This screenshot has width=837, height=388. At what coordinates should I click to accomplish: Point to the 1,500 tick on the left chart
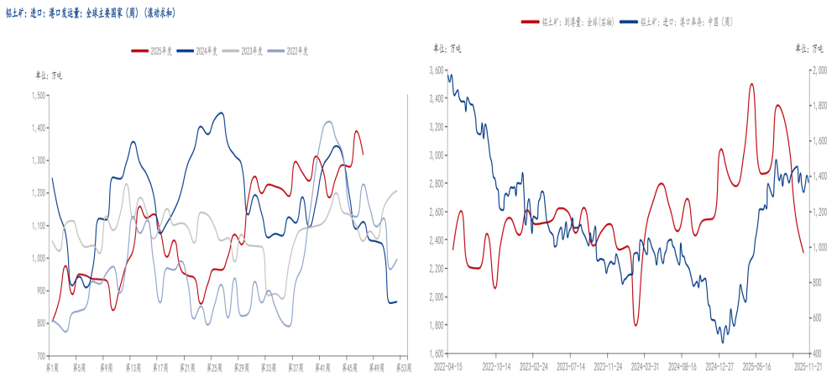tap(38, 95)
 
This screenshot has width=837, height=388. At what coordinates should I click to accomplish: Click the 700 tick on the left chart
tap(40, 356)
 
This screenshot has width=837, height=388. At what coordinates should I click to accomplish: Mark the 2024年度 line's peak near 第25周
tap(221, 113)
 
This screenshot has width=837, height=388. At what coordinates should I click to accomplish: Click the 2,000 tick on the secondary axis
tap(819, 71)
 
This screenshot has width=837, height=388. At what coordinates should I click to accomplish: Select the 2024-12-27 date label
tap(719, 367)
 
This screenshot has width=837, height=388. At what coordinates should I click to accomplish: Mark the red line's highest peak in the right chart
tap(751, 84)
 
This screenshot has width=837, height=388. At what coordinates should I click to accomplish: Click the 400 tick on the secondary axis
tap(815, 354)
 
